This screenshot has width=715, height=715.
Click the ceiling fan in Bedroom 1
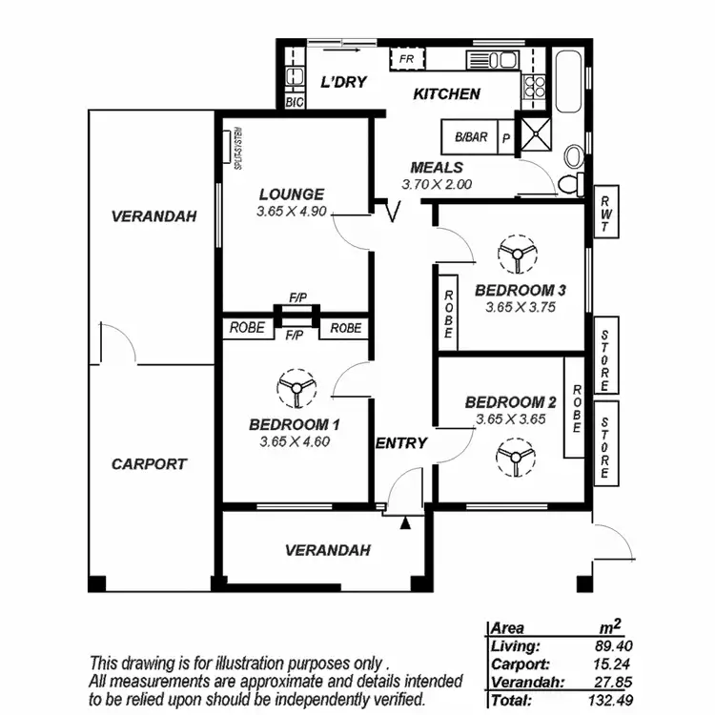tap(295, 388)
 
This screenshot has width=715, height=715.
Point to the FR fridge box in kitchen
tap(407, 59)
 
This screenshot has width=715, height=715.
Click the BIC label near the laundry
tap(294, 100)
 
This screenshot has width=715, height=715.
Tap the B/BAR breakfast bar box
tap(470, 137)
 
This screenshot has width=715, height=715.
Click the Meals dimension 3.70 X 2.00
tap(436, 185)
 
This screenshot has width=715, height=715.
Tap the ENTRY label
tap(401, 443)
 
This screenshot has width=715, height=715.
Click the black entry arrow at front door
tap(406, 521)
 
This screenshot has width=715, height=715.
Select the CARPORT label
tap(149, 464)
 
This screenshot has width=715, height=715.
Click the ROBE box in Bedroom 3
tap(448, 314)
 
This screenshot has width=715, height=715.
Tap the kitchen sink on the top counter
tap(491, 59)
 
